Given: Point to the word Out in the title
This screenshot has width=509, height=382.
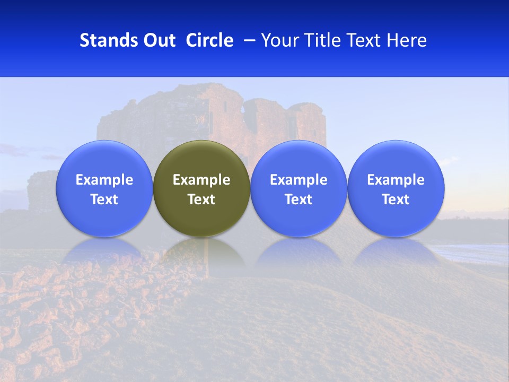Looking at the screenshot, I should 158,40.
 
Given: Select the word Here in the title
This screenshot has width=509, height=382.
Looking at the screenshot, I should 407,40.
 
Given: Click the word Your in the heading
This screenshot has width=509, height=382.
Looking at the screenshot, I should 278,40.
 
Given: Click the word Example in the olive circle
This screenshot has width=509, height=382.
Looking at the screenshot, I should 201,180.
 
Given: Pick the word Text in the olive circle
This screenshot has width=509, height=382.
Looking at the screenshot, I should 201,199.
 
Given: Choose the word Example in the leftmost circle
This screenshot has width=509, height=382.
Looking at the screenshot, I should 104,180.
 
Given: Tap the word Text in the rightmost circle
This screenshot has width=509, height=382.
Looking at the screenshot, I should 396,199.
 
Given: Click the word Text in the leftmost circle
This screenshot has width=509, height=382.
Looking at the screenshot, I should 104,199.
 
